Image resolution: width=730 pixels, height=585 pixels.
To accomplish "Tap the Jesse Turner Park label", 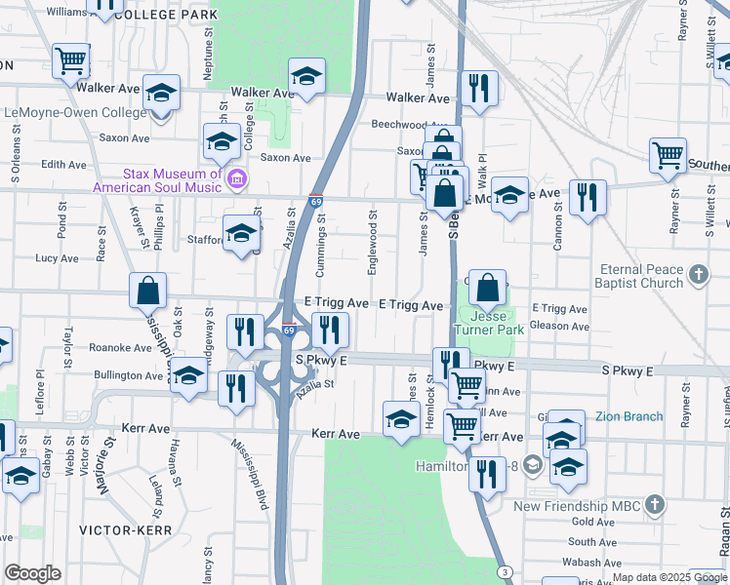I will tap(498, 323).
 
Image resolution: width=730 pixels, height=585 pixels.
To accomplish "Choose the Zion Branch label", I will tap(629, 416).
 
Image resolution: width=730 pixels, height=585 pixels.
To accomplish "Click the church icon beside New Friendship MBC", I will tap(654, 505).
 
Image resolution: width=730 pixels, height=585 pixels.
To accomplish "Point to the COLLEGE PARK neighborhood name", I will tap(165, 16).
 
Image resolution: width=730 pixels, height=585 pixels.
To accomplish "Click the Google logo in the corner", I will tap(33, 573).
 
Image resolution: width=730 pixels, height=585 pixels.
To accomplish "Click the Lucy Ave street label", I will tap(57, 258).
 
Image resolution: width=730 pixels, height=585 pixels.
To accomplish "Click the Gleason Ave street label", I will tap(561, 326).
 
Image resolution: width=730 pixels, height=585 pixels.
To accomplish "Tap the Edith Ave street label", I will tap(64, 166).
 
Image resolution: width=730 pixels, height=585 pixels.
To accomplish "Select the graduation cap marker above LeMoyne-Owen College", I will tap(162, 94).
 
